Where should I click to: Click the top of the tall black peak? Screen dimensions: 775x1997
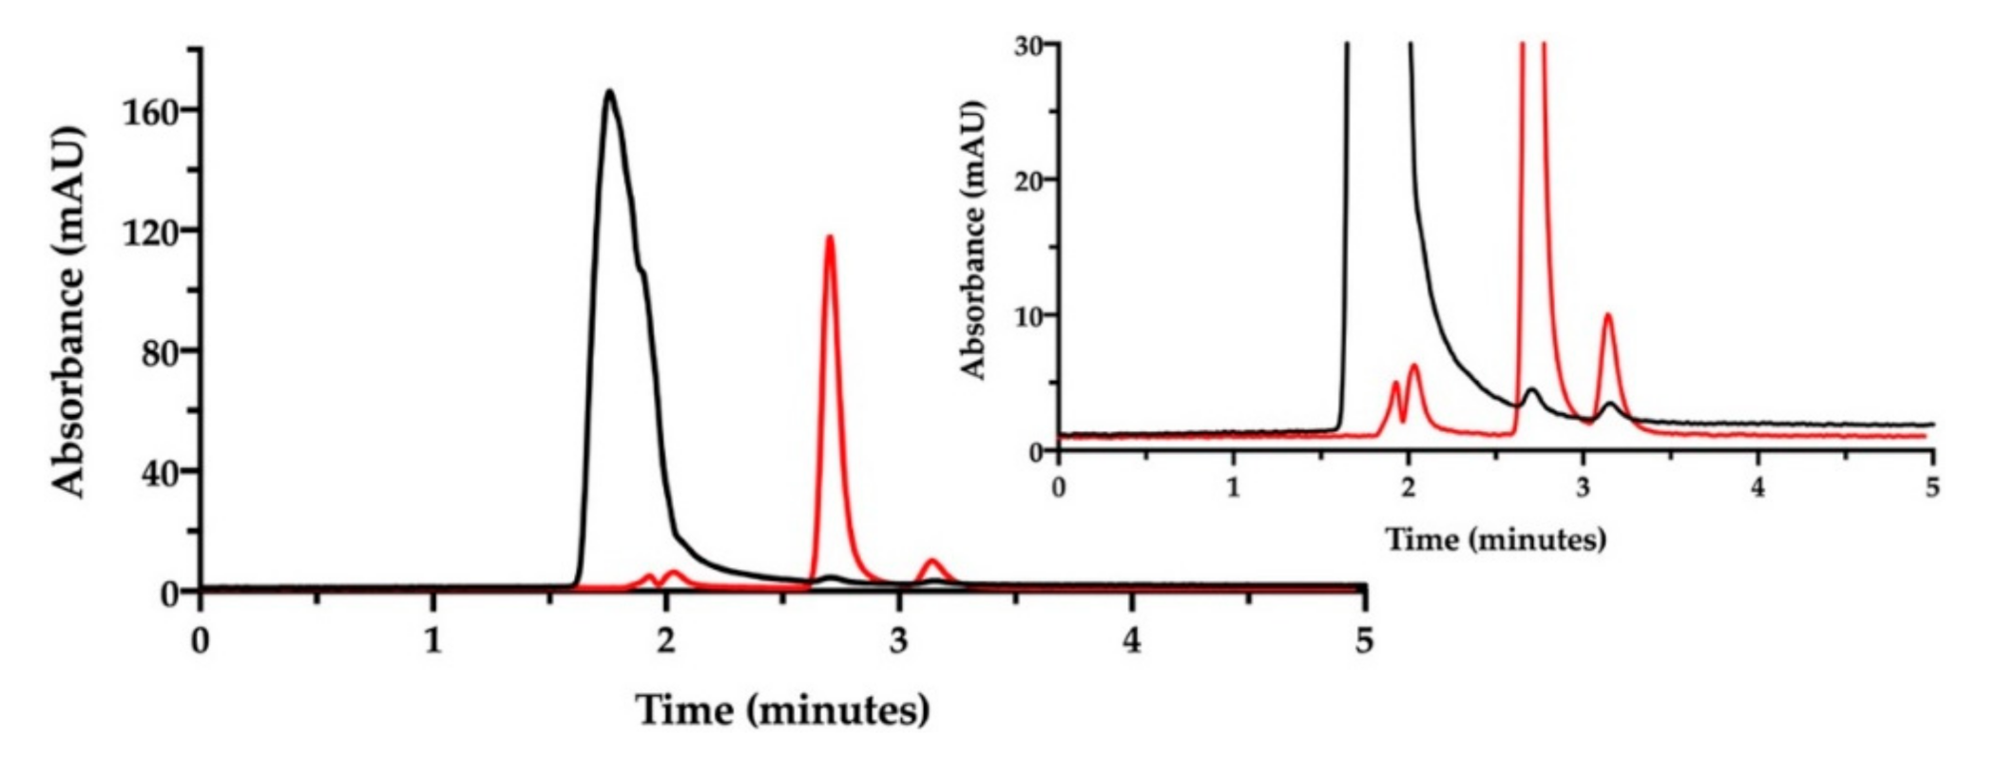point(609,92)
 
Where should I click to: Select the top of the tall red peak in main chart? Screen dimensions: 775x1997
point(829,237)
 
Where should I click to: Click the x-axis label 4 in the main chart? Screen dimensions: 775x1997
point(1131,641)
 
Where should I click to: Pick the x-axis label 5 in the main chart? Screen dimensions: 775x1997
point(1364,641)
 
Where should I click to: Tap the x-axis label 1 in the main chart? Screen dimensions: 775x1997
point(433,641)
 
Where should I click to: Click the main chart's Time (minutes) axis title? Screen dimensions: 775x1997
point(782,709)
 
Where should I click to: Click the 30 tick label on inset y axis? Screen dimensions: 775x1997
point(1028,46)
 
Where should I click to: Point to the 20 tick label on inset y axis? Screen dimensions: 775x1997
point(1028,180)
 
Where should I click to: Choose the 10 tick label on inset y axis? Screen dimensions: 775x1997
point(1028,315)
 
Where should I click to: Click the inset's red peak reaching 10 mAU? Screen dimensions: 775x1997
point(1607,316)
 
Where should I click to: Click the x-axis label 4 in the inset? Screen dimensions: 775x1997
point(1757,487)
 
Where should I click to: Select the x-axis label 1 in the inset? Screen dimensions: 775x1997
point(1233,487)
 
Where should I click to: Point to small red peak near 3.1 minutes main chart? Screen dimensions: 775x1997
point(932,561)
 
